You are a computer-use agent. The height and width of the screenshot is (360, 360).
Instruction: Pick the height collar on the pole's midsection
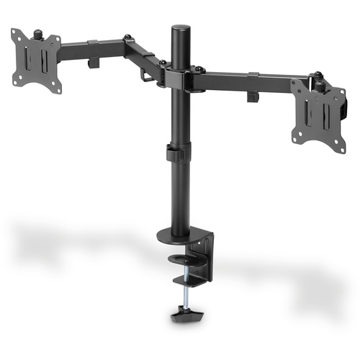pyautogui.click(x=175, y=153)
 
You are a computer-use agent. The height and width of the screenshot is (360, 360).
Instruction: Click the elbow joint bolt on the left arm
pyautogui.click(x=127, y=37)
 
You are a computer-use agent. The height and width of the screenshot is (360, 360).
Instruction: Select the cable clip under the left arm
pyautogui.click(x=93, y=63)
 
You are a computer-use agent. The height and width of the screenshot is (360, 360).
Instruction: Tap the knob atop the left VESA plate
pyautogui.click(x=37, y=33)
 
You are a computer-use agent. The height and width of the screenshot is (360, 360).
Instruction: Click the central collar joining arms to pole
pyautogui.click(x=179, y=76)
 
